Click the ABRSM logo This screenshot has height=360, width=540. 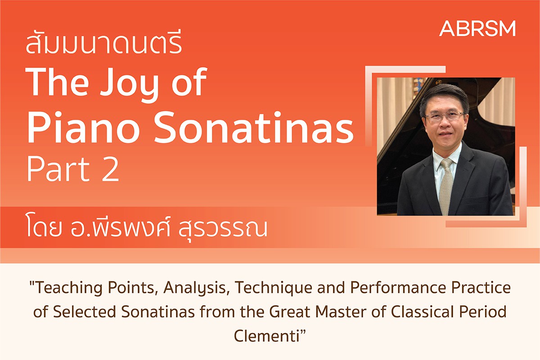coord(477,28)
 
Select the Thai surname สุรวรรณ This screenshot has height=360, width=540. coord(223,228)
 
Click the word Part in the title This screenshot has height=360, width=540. coord(58,169)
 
